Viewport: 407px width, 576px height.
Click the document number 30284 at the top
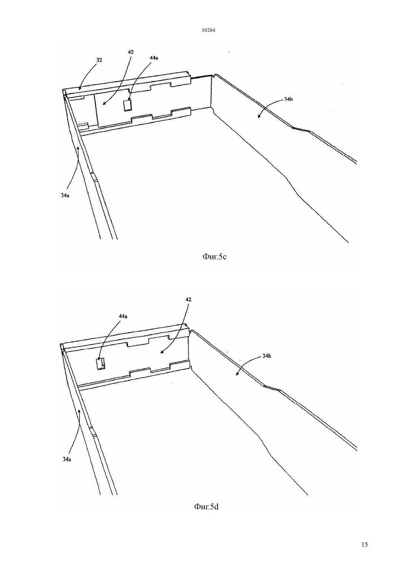click(x=208, y=30)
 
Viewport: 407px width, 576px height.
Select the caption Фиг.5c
click(x=214, y=257)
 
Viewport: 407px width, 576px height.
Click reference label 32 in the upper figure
click(x=99, y=60)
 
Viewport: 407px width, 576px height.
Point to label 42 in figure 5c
click(x=131, y=52)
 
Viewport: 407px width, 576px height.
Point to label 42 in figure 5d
click(x=188, y=299)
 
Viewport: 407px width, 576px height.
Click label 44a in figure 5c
click(x=154, y=58)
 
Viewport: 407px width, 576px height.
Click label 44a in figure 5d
click(x=123, y=316)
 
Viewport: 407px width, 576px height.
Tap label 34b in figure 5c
click(x=288, y=99)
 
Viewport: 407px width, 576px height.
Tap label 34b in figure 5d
click(x=267, y=356)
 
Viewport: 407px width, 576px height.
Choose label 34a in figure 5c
click(x=65, y=195)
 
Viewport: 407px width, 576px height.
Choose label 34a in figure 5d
click(x=67, y=459)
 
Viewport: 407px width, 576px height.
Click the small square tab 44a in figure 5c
click(x=128, y=106)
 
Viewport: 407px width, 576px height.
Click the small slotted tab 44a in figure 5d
click(x=101, y=364)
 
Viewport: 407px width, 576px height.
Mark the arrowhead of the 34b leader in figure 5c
click(x=259, y=117)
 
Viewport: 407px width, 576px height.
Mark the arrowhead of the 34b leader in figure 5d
click(x=237, y=375)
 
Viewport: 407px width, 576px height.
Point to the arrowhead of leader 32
click(x=80, y=89)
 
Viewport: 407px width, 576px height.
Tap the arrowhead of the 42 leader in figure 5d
click(x=161, y=352)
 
